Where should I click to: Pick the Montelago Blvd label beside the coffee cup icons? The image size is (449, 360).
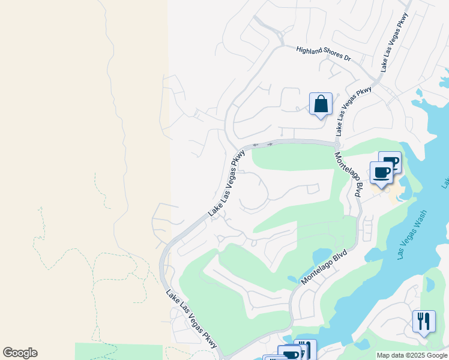tap(349, 175)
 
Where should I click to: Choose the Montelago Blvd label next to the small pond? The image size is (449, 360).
tap(325, 268)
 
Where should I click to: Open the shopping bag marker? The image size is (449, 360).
tap(321, 104)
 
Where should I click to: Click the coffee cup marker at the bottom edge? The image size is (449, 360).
tap(289, 353)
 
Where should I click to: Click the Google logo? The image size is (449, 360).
tap(20, 353)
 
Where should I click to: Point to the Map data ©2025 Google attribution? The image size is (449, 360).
tap(412, 355)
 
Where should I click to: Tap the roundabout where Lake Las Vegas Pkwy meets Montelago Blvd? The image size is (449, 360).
tap(337, 145)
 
